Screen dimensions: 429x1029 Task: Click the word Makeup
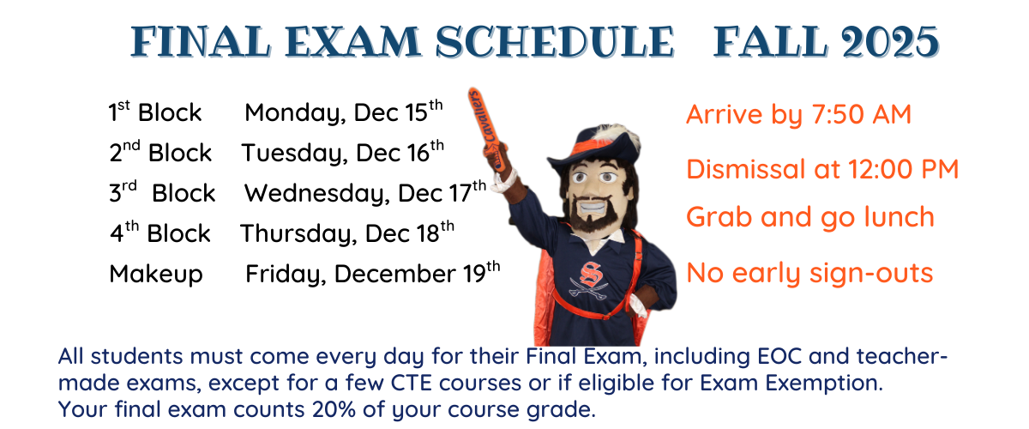click(x=155, y=274)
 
